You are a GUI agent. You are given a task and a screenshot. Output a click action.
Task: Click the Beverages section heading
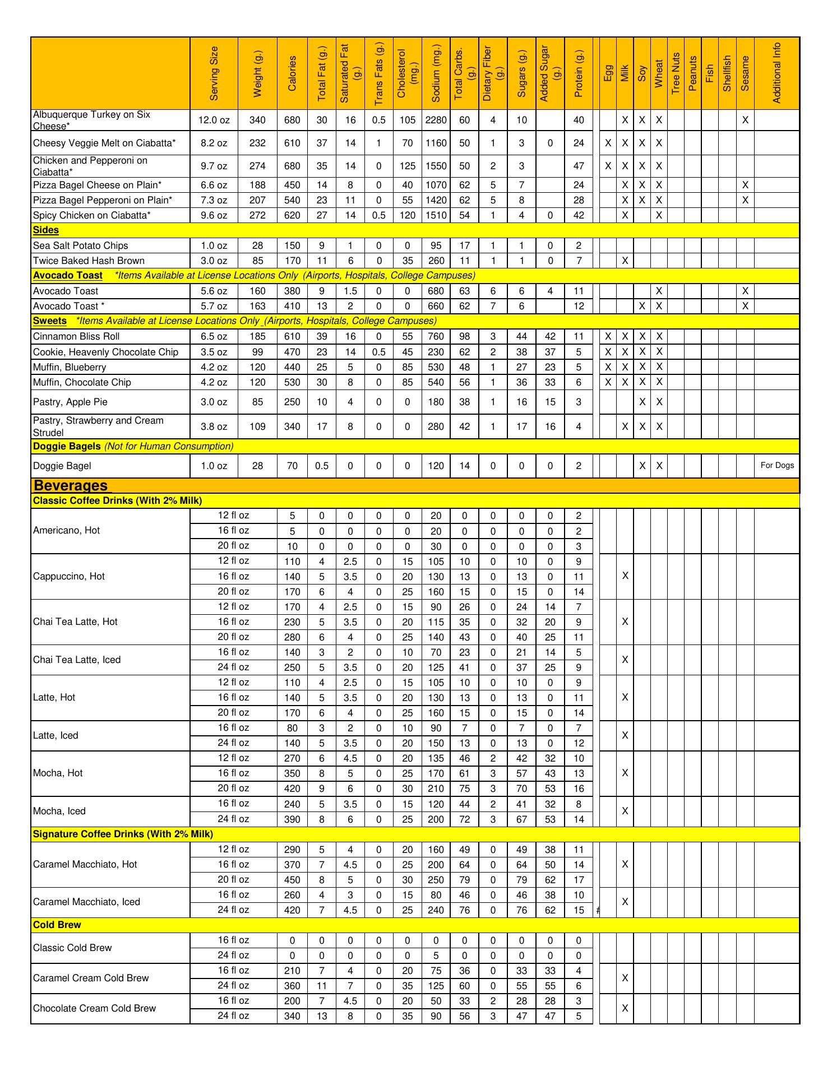[x=70, y=485]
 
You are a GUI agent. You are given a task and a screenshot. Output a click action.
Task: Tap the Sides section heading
[x=46, y=230]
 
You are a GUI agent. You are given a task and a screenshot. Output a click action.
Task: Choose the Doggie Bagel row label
[x=62, y=466]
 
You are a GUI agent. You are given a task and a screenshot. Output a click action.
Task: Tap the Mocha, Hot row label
[x=58, y=773]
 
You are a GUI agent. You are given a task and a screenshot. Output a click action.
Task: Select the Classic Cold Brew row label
[x=72, y=948]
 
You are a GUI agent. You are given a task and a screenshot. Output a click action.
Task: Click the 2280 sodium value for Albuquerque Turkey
[x=436, y=120]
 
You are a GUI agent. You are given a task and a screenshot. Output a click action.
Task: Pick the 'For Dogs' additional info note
[x=777, y=466]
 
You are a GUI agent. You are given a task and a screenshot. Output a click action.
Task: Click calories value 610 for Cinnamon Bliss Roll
[x=292, y=337]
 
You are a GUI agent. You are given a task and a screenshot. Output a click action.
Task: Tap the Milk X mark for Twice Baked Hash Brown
[x=625, y=261]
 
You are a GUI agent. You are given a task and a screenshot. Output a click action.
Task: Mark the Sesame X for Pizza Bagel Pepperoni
[x=745, y=200]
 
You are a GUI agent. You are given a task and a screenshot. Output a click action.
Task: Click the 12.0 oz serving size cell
[x=214, y=120]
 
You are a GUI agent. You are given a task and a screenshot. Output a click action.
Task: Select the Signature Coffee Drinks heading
[x=123, y=834]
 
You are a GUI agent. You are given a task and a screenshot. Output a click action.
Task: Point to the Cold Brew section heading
[x=57, y=925]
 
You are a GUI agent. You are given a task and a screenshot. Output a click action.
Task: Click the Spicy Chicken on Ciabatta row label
[x=92, y=215]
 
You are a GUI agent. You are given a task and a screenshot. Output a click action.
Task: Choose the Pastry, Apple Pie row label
[x=70, y=402]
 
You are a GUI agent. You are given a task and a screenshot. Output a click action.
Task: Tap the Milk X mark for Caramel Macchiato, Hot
[x=625, y=865]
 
